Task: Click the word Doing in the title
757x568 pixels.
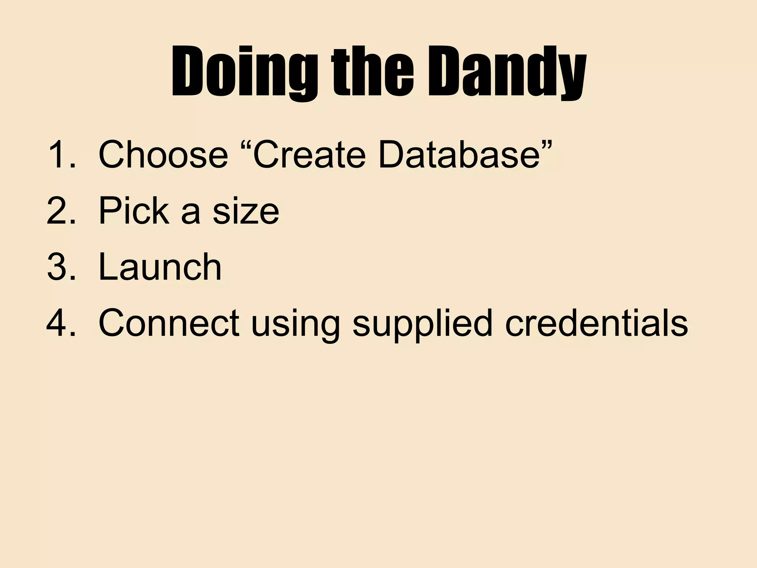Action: point(244,72)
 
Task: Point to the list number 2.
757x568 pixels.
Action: point(59,211)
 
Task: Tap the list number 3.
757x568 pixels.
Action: point(59,267)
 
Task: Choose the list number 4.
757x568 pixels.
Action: point(59,323)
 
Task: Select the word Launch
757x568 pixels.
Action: point(160,267)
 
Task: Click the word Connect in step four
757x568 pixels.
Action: point(169,323)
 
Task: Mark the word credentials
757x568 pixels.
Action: point(596,323)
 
